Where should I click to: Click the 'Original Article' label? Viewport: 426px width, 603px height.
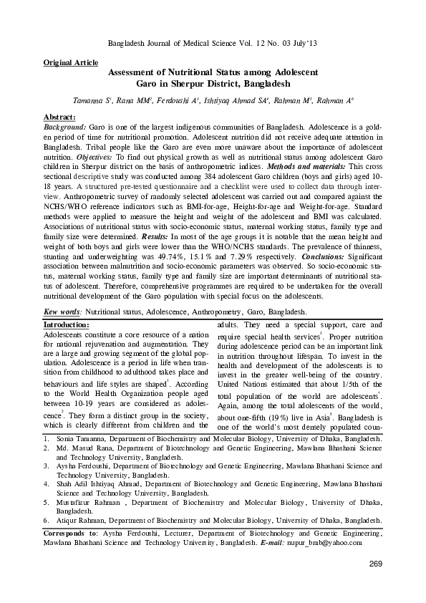pyautogui.click(x=71, y=63)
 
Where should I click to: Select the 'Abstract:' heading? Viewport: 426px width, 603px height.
pyautogui.click(x=59, y=117)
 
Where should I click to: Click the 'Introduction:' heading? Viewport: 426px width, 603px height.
pyautogui.click(x=67, y=325)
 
